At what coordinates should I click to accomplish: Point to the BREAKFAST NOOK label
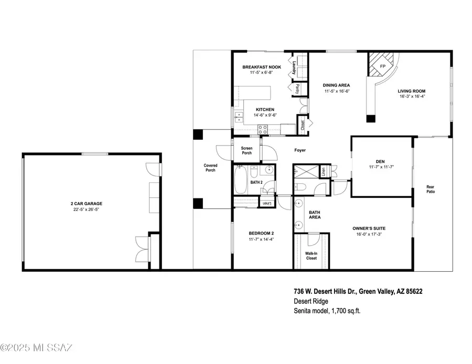tap(261, 68)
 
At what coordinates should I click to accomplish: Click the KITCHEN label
tap(265, 109)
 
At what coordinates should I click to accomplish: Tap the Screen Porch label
tap(246, 150)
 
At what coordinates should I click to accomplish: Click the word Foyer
tap(299, 150)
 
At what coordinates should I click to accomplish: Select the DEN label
tap(381, 161)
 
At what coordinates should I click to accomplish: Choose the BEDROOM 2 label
tap(261, 233)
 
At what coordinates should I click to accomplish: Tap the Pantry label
tap(297, 89)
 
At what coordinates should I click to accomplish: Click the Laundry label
tap(295, 69)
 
